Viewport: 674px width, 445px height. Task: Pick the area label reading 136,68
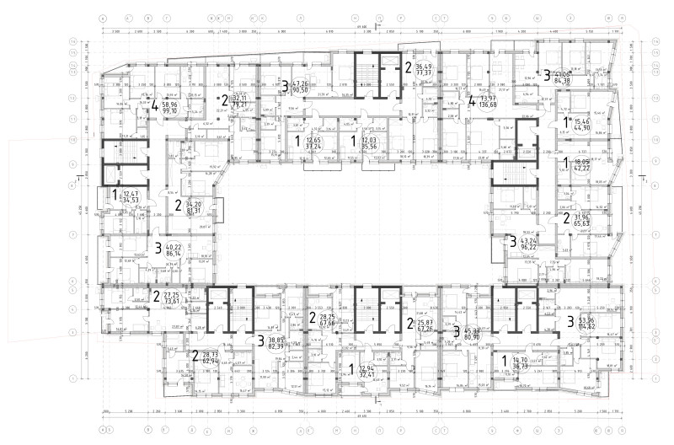(x=488, y=105)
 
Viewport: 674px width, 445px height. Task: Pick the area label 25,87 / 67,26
(x=426, y=325)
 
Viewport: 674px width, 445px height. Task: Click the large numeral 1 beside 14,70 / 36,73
(x=505, y=362)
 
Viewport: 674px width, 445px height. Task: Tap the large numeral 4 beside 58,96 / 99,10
(x=155, y=107)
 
